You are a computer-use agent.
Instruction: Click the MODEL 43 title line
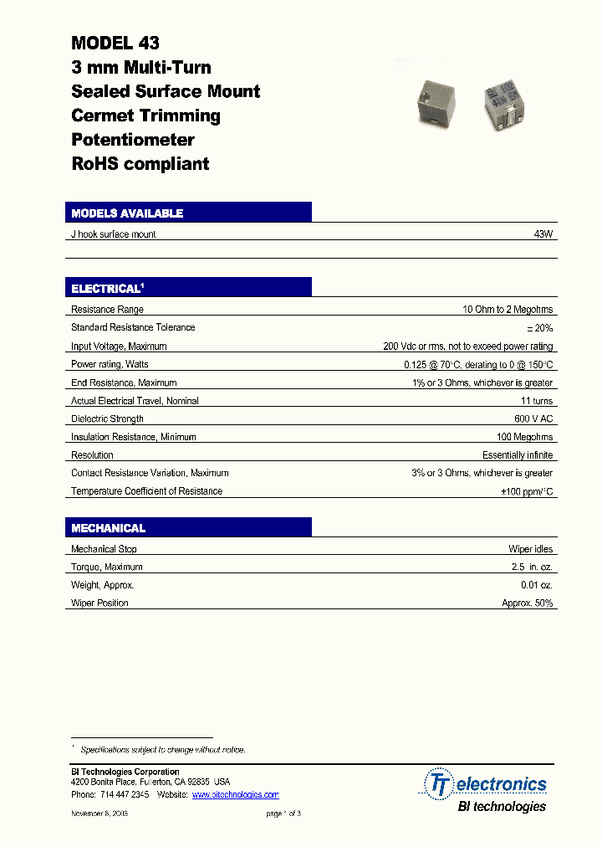115,43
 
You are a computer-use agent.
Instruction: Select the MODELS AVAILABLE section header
127,213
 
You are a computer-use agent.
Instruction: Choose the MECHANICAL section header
109,528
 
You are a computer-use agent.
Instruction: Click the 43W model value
543,234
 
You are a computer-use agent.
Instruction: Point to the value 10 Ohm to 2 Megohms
508,310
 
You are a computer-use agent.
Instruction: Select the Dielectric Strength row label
107,418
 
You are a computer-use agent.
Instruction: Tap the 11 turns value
536,401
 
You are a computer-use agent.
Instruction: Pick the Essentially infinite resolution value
517,455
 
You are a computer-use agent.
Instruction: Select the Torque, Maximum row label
106,567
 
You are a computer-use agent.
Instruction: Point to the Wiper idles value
530,549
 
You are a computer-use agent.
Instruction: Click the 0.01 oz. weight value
536,585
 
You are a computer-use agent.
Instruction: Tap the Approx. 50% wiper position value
527,603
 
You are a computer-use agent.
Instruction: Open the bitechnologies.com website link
235,794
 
